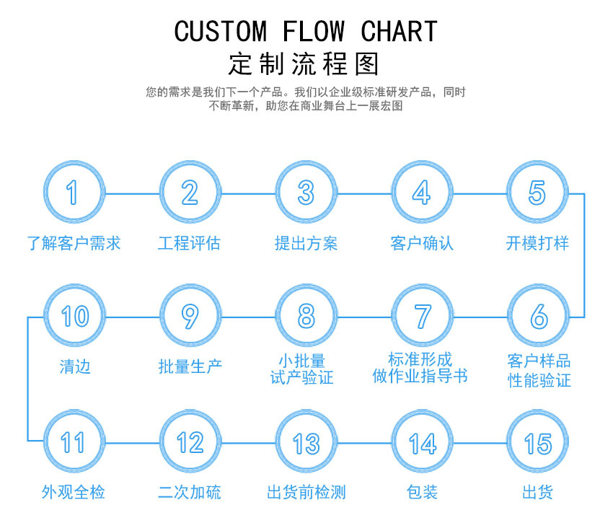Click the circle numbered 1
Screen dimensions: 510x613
pos(74,193)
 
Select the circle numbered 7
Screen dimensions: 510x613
pos(422,316)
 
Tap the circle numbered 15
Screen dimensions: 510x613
pos(538,442)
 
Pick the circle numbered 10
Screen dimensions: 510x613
pos(74,316)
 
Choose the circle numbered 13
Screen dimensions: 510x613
pos(306,442)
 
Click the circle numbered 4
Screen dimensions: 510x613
pos(422,193)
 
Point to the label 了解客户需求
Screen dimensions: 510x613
pos(74,243)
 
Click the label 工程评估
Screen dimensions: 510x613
pos(189,243)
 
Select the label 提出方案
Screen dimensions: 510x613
pos(306,243)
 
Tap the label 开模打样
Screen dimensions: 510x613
pos(537,243)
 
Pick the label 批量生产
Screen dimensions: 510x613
pos(190,366)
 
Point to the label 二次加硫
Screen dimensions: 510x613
pos(190,493)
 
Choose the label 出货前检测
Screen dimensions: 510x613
pos(306,493)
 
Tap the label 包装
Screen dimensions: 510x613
pos(422,493)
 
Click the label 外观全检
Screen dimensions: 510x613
pos(74,493)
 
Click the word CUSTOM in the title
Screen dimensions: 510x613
pos(221,32)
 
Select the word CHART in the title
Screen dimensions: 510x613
pos(399,32)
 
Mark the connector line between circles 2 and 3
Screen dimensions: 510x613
pos(247,193)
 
